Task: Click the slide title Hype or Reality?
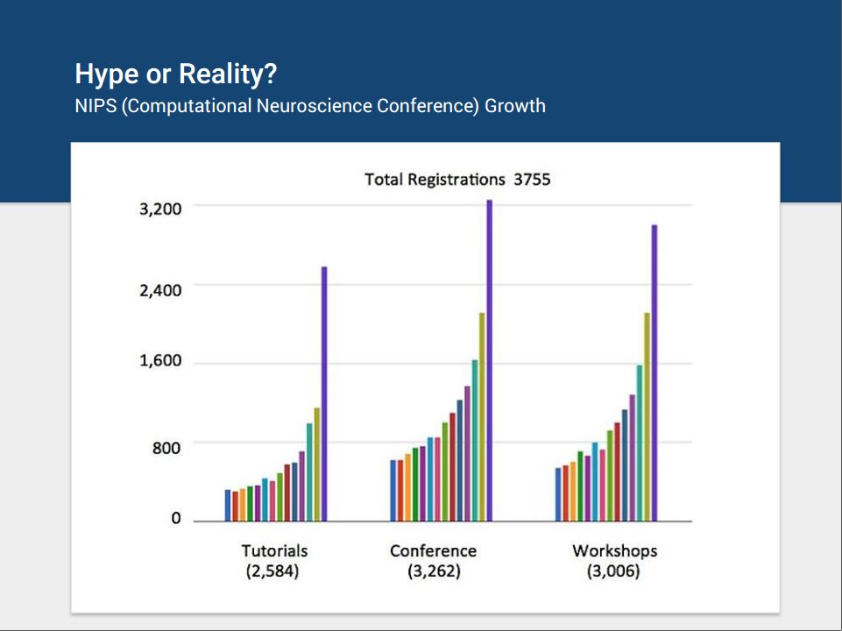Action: [175, 74]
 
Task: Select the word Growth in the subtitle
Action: [515, 106]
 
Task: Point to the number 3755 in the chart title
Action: [532, 180]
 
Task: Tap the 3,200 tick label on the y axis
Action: [160, 209]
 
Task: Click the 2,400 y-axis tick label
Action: [160, 291]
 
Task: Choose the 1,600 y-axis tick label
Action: [160, 360]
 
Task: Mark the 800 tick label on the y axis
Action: [166, 448]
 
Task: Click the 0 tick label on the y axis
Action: [176, 518]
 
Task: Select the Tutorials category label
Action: [274, 551]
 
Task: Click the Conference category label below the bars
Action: [434, 551]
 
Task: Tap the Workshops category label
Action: [615, 551]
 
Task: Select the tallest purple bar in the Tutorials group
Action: [324, 393]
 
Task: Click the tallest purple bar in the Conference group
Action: [489, 360]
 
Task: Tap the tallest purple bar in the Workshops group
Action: [654, 372]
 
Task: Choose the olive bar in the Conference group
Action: [482, 417]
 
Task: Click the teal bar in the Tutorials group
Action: [309, 472]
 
